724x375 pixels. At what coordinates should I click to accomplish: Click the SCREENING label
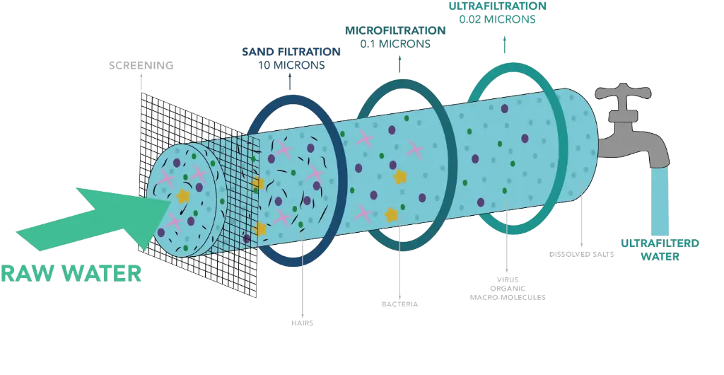pos(141,65)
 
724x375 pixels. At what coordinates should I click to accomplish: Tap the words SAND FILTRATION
pos(291,51)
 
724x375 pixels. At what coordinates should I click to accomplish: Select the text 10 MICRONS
pos(291,65)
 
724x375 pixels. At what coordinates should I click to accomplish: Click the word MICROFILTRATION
pos(395,30)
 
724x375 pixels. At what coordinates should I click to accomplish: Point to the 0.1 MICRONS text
pos(395,44)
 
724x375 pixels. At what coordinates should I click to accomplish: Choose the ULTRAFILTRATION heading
pos(497,6)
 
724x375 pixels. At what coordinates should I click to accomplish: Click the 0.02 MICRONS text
pos(497,19)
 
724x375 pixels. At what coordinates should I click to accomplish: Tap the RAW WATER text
pos(71,273)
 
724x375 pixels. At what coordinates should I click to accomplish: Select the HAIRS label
pos(303,323)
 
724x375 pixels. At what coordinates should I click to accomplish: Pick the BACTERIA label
pos(400,304)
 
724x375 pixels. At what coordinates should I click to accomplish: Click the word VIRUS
pos(508,279)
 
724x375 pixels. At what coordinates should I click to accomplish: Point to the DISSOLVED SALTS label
pos(582,255)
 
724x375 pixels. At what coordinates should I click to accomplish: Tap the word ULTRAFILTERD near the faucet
pos(660,243)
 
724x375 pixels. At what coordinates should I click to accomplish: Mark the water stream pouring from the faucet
pos(660,202)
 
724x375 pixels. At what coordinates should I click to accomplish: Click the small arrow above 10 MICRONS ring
pos(290,81)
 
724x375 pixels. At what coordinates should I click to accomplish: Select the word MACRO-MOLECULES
pos(508,297)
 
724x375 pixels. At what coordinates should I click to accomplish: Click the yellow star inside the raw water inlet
pos(183,196)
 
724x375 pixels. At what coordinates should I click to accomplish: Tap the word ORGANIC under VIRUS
pos(508,289)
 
